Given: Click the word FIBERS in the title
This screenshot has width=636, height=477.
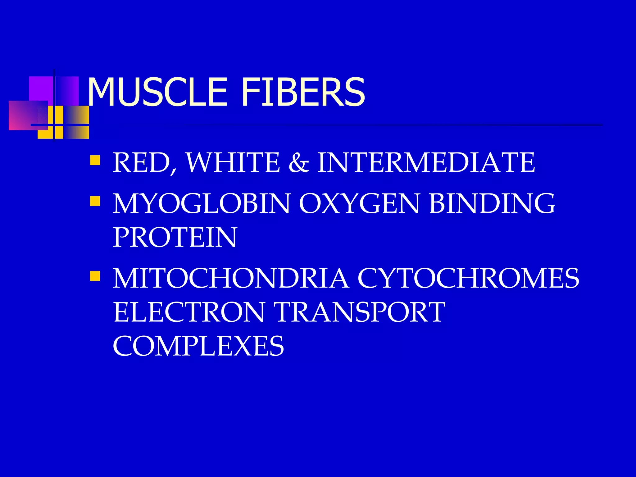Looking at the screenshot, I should click(303, 93).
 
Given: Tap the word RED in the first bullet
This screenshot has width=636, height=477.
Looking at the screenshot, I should click(141, 162).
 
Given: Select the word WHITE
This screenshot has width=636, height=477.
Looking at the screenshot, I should click(233, 162).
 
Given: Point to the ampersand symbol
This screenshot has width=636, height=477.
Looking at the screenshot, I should click(298, 163).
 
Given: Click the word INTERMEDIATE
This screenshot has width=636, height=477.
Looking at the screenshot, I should click(426, 162).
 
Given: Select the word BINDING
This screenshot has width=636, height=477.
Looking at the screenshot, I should click(492, 203).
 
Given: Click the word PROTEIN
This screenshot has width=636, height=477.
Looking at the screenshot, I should click(175, 237).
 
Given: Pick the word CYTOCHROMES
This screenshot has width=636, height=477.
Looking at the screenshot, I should click(468, 278).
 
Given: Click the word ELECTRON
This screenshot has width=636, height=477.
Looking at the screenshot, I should click(189, 312).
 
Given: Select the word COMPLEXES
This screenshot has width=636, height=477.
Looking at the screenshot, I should click(198, 346).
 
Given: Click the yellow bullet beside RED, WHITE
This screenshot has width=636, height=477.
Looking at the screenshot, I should click(95, 160).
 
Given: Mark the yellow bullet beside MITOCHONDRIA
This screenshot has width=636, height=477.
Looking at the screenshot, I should click(95, 276).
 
